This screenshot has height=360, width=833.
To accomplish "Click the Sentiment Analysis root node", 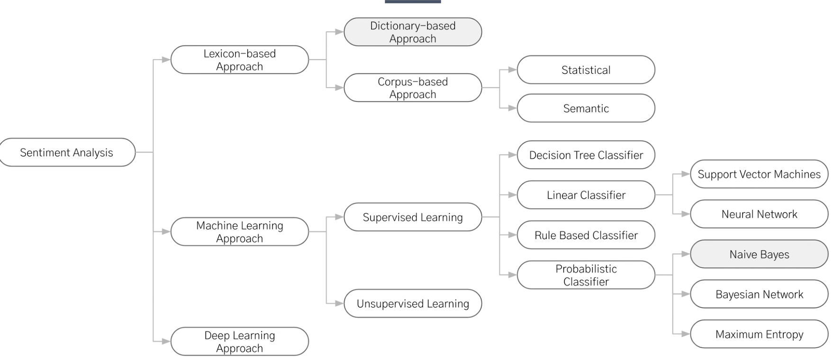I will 67,153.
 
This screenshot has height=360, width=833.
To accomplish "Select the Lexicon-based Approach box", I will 239,60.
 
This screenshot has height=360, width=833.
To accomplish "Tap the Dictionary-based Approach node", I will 413,32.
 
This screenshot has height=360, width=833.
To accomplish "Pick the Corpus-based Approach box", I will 413,88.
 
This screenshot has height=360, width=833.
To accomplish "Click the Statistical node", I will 586,70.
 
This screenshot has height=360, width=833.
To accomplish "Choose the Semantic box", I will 586,108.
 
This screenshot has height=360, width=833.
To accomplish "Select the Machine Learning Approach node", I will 239,232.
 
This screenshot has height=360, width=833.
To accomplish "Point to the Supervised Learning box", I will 413,217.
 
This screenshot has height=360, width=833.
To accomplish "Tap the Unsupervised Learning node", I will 413,304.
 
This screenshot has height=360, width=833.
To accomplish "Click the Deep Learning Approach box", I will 239,342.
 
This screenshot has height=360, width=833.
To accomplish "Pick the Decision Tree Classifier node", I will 586,155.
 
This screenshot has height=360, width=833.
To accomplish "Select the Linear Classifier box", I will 586,195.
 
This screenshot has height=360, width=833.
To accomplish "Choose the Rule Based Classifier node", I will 586,235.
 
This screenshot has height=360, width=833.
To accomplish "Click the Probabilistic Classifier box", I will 586,275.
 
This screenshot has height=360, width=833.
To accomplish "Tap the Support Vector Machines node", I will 759,174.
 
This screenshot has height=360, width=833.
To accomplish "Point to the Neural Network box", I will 759,214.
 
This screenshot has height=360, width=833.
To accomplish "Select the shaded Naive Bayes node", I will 759,254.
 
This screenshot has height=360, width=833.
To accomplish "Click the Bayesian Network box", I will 759,294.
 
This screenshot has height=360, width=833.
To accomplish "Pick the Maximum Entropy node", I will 759,334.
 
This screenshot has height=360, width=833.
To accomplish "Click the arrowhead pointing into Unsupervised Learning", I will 339,304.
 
